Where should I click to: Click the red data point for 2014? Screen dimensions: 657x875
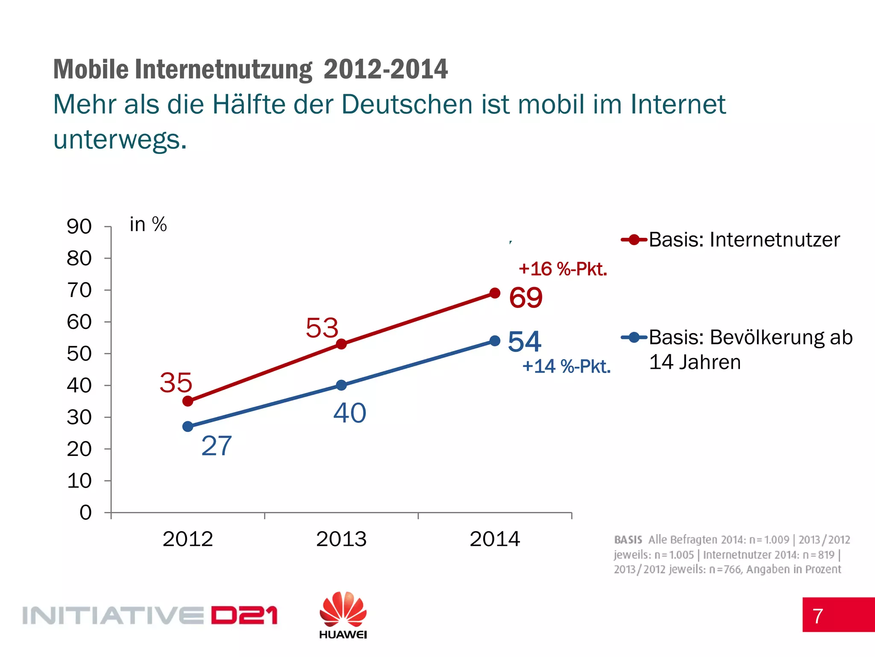tap(495, 293)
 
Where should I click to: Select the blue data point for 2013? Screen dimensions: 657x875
tap(341, 385)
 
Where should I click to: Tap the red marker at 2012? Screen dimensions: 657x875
tap(188, 401)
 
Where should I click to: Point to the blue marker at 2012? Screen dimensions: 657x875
tap(188, 426)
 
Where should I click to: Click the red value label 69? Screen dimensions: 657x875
tap(526, 298)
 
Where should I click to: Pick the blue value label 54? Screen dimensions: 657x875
tap(524, 341)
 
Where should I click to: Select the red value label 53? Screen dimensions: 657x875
tap(322, 328)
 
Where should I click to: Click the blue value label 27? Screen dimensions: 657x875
tap(216, 446)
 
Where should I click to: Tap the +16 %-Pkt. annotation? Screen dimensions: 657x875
tap(563, 269)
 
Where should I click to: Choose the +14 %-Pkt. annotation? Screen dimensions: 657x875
tap(566, 367)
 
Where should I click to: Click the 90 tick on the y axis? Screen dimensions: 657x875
tap(79, 226)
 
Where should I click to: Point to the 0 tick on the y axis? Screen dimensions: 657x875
tap(85, 512)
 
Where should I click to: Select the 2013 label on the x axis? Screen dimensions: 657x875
tap(341, 539)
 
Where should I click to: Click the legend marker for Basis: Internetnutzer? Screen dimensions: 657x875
tap(634, 240)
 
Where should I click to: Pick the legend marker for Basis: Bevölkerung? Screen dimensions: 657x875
tap(634, 337)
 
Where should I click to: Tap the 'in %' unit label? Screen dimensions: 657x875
tap(148, 225)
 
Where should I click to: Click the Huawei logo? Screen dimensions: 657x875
tap(343, 615)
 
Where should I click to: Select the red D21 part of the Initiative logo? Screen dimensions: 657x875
tap(244, 616)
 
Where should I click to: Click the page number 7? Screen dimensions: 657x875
tap(818, 616)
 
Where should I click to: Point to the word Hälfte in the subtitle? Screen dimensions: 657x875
tap(248, 104)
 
